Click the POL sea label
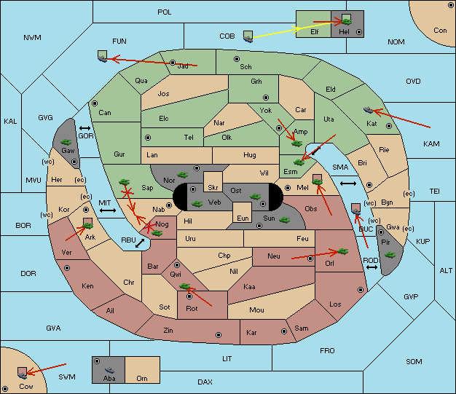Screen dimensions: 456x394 coord(165,12)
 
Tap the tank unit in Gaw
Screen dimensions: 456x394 coord(66,142)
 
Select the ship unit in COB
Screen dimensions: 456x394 coord(248,37)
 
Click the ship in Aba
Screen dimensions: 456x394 coord(109,370)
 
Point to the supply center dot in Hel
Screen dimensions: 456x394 coord(359,32)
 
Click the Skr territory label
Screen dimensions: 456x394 coord(213,188)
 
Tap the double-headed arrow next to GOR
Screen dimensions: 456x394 coord(85,128)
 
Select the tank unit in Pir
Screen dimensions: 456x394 coord(390,255)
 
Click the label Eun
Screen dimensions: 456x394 coord(243,218)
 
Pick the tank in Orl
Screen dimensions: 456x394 coord(342,251)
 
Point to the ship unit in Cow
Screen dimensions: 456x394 coord(23,373)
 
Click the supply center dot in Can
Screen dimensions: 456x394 coord(95,103)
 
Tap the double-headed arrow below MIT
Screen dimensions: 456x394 coord(108,210)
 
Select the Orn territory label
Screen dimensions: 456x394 coord(142,378)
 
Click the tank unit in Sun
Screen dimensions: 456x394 coord(284,220)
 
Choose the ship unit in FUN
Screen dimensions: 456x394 coord(103,56)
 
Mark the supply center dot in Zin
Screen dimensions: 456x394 coord(219,335)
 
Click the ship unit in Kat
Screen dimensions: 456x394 coord(368,110)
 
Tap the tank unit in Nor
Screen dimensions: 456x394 coord(183,175)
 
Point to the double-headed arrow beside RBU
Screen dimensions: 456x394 coord(140,243)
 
